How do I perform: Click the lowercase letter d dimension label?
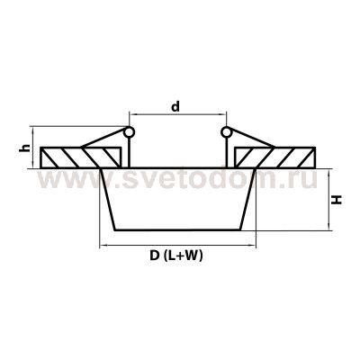point(176,107)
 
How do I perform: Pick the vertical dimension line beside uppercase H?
point(325,198)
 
